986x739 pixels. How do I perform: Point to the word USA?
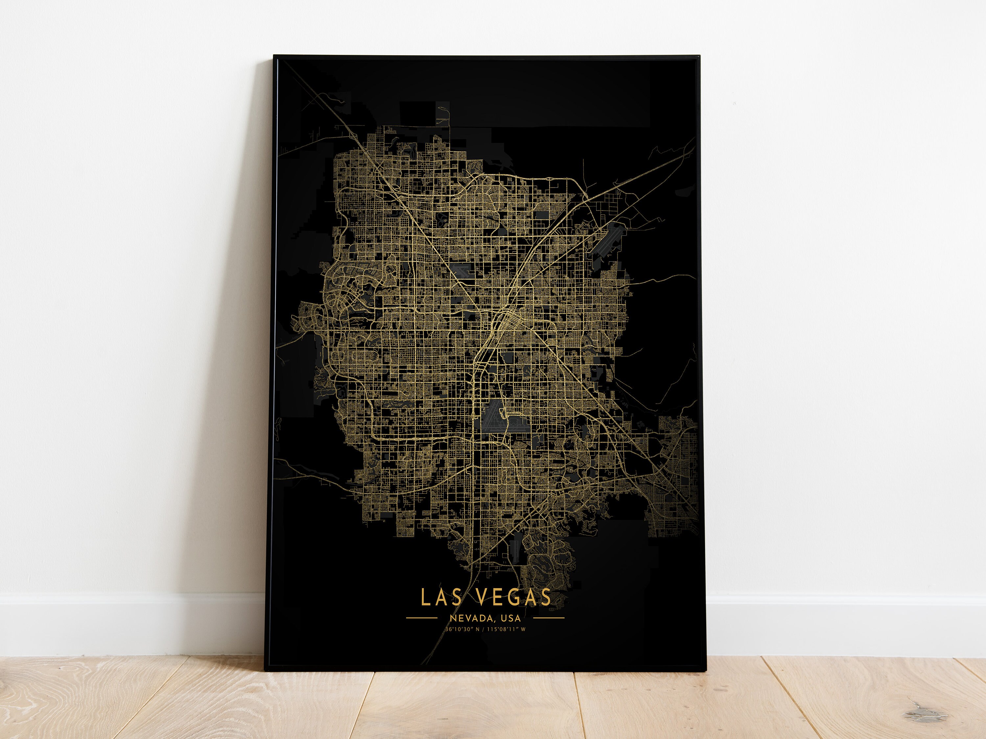click(x=510, y=618)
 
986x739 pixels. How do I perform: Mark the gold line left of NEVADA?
click(x=422, y=618)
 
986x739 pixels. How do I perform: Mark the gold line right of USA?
click(x=549, y=618)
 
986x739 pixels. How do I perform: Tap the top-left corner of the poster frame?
click(x=274, y=56)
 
